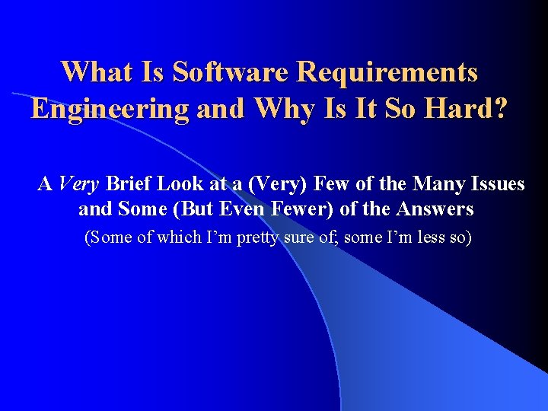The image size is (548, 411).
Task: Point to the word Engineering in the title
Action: pos(110,110)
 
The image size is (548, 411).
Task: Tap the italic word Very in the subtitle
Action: pos(79,184)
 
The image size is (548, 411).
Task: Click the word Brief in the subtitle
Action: pos(129,184)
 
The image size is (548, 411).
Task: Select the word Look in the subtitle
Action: pos(180,184)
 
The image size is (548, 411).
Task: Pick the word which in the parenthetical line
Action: pos(177,238)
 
